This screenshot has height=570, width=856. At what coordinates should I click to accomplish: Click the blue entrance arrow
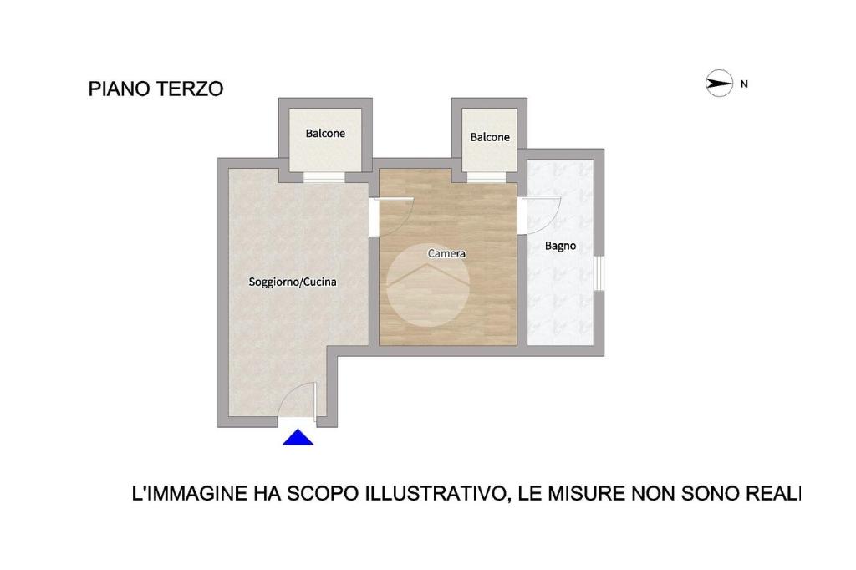[298, 437]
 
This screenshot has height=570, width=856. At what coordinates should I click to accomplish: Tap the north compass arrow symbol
[719, 84]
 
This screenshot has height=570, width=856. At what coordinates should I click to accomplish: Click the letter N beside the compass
[744, 84]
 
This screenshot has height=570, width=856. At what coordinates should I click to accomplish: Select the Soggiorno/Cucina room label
[293, 282]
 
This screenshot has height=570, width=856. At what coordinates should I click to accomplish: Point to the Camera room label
[446, 253]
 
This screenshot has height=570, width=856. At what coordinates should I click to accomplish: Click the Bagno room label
[561, 247]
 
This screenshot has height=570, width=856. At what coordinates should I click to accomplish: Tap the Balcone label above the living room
[325, 133]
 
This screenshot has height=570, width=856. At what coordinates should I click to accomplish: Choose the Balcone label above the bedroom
[490, 137]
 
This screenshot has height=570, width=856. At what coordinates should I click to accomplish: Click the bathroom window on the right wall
[599, 273]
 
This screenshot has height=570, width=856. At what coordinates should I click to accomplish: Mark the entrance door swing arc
[295, 392]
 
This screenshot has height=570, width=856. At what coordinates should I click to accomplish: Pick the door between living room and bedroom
[391, 216]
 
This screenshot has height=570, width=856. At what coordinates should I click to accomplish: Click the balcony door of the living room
[324, 177]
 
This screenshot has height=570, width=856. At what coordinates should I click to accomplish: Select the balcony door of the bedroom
[487, 177]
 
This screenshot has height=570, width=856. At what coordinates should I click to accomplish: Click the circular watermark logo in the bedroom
[428, 285]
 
